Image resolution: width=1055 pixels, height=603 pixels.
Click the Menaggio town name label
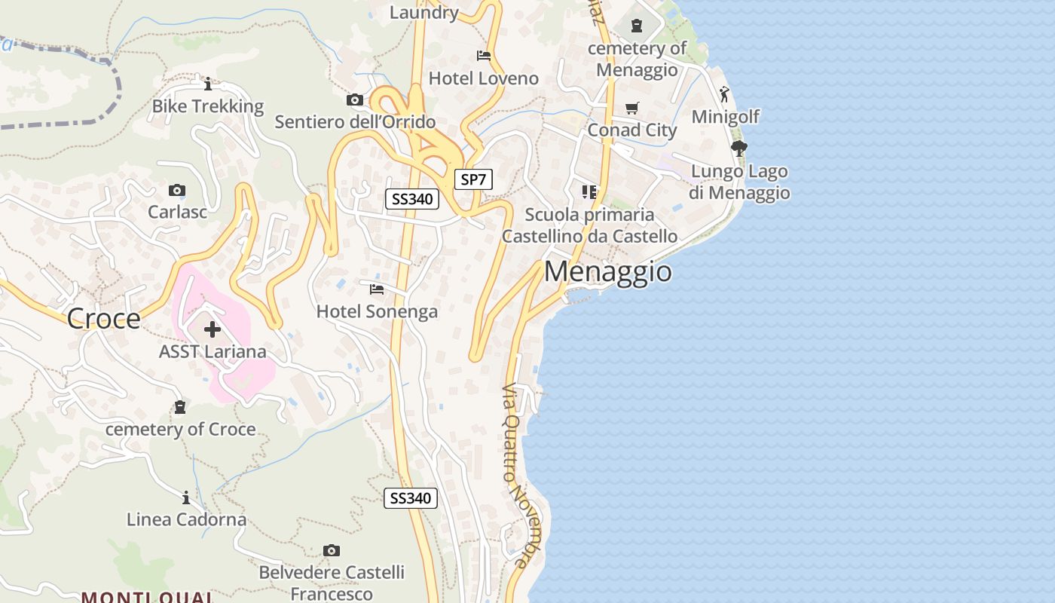607,271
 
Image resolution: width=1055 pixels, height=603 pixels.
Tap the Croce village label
103,319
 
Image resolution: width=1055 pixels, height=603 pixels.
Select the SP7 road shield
474,179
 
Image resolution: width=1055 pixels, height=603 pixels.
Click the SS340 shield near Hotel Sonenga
411,199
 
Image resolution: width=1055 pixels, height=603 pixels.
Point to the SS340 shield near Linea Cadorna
411,498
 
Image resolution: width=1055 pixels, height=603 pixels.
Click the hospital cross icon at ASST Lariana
213,329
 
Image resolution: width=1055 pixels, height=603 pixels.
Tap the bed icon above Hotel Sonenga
377,289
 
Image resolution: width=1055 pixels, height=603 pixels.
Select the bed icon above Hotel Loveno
484,56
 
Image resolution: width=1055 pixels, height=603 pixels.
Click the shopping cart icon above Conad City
631,108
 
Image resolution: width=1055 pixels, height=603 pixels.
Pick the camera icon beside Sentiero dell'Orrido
354,99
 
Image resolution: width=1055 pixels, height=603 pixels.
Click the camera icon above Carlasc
177,190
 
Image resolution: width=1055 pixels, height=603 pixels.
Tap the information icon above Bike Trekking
208,84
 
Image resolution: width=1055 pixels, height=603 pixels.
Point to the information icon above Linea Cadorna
186,497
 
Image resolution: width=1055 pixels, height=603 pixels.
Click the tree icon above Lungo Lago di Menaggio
738,148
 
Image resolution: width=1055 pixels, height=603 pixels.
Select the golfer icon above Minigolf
724,94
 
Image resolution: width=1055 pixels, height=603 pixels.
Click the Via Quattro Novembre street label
516,475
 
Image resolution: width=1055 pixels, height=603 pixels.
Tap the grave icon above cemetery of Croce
180,407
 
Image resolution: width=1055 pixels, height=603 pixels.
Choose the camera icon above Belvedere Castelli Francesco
331,550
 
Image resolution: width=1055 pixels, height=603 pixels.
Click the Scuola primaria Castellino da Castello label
589,225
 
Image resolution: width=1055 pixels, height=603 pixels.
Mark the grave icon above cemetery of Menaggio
637,26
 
